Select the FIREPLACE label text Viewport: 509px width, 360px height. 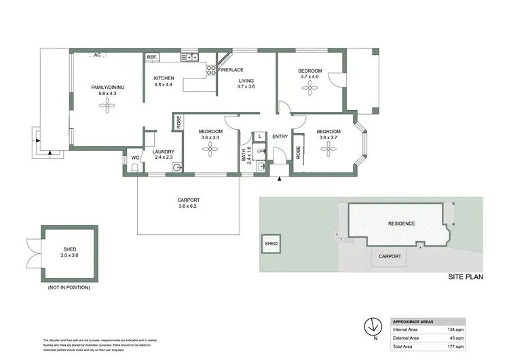pyautogui.click(x=231, y=69)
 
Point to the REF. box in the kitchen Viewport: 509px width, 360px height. pyautogui.click(x=151, y=58)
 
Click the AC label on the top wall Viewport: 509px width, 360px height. pyautogui.click(x=97, y=54)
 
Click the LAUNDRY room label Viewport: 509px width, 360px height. pyautogui.click(x=164, y=152)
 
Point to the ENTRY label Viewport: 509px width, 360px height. pyautogui.click(x=280, y=137)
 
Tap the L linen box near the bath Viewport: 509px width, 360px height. pyautogui.click(x=260, y=136)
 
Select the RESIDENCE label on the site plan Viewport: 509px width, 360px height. pyautogui.click(x=401, y=223)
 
